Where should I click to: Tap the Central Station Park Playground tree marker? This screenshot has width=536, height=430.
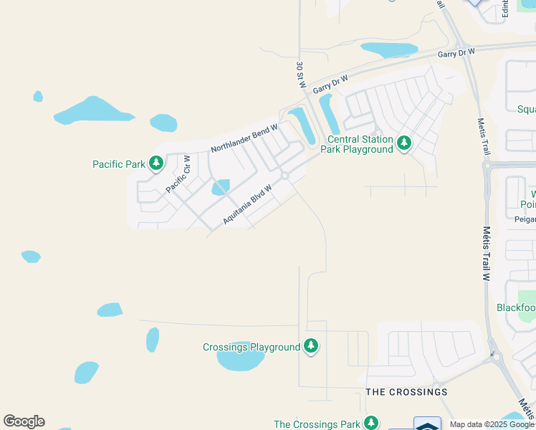coord(404,143)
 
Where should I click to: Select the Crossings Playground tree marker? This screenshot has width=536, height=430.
coord(310,347)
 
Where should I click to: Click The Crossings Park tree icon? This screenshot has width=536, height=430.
coord(370,424)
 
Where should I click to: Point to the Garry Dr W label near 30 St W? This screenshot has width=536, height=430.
coord(330,84)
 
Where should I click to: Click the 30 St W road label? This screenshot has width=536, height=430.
coord(301,75)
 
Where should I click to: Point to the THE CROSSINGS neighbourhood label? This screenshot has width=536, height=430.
coord(406,392)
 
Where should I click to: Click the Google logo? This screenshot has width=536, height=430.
coord(24,421)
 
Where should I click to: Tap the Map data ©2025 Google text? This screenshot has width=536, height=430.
coord(492,424)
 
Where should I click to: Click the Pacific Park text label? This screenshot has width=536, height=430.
coord(119,164)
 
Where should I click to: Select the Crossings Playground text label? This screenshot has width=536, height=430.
coord(251,348)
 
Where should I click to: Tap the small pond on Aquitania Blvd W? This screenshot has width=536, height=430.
coord(220,188)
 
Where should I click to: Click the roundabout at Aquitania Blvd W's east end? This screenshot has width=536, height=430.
coord(284,176)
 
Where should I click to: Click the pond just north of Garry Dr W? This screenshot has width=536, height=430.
coord(389,50)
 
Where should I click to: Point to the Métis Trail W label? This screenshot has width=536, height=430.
coord(486,254)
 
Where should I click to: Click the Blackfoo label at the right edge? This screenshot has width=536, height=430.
coord(516,307)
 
